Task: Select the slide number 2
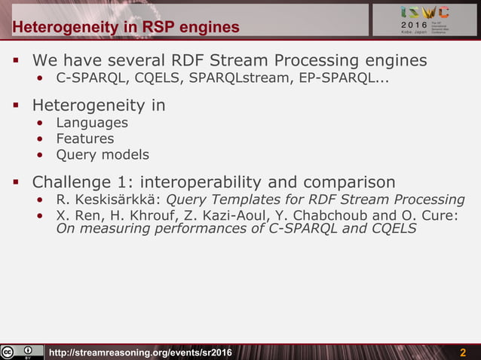463,353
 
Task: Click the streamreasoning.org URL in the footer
140,353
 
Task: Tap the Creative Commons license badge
22,352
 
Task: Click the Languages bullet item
92,123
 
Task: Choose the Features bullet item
85,139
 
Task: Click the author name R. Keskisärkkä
108,200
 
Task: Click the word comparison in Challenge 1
349,182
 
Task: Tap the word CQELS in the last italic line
393,228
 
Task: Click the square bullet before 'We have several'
14,60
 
